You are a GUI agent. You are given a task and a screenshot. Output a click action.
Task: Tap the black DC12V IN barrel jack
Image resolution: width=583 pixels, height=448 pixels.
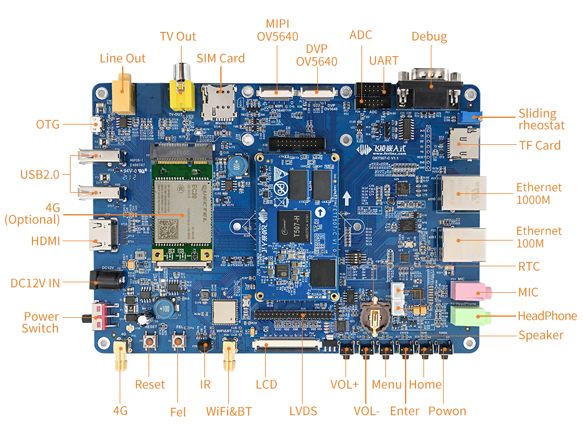tap(102, 280)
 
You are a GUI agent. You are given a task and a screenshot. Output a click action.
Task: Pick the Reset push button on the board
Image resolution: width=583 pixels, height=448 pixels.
tap(150, 341)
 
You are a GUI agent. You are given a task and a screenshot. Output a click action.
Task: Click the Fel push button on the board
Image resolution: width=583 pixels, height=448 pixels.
tap(180, 341)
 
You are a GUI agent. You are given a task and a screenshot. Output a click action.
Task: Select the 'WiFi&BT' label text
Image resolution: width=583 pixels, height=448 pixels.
tap(229, 411)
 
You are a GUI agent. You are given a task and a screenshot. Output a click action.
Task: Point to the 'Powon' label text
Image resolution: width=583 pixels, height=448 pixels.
tap(447, 411)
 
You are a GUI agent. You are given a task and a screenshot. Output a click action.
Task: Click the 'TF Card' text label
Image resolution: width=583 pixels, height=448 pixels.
tap(539, 145)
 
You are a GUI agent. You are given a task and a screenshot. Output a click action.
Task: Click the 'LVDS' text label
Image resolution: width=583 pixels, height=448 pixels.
tap(303, 411)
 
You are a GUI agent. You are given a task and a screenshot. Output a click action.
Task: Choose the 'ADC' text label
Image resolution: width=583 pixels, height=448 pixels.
tap(361, 35)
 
